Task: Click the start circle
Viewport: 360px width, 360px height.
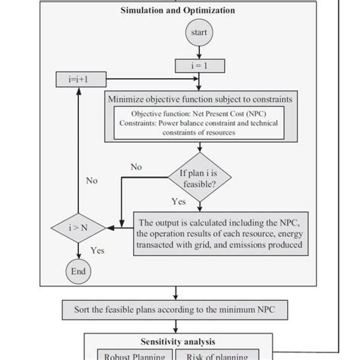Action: pyautogui.click(x=199, y=34)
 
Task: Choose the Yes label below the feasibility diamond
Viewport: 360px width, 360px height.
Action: pyautogui.click(x=178, y=203)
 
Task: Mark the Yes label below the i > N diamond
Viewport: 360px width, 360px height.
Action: pyautogui.click(x=97, y=250)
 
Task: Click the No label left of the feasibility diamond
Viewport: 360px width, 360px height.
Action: pyautogui.click(x=137, y=166)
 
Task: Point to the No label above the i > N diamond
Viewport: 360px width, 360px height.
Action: pyautogui.click(x=92, y=182)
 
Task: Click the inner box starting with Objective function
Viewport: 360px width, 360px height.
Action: pyautogui.click(x=199, y=122)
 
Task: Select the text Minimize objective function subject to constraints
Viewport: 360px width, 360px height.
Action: pyautogui.click(x=199, y=99)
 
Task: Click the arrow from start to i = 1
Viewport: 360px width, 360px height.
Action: pyautogui.click(x=199, y=52)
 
